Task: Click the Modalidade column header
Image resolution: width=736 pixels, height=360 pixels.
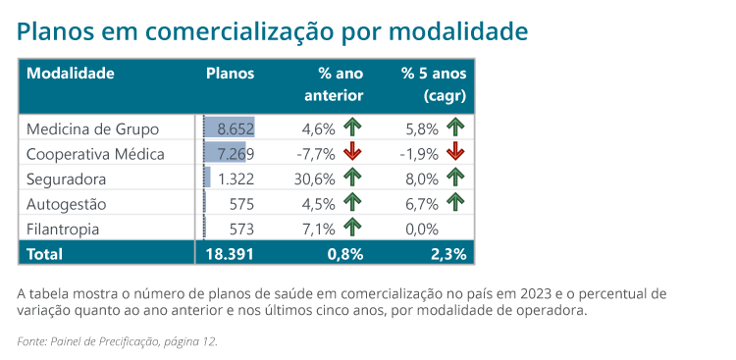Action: (71, 74)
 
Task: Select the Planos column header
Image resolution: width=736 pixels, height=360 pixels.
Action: (230, 74)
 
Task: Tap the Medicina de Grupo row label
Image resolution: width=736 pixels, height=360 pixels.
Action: (92, 129)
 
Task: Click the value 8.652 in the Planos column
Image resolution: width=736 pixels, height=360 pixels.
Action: (236, 129)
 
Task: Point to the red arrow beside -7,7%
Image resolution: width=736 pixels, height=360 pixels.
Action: (352, 153)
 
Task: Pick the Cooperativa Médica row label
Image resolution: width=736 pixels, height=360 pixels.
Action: (95, 154)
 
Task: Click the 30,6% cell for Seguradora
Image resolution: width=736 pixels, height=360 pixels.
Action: (314, 179)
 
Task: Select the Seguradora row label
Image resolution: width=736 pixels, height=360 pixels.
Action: (66, 180)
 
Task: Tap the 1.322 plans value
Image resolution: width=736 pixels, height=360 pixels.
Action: (236, 179)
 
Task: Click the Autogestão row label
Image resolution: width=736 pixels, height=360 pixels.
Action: (66, 204)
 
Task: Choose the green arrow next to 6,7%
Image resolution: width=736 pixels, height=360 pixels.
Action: (455, 203)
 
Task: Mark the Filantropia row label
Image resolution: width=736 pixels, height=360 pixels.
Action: (63, 230)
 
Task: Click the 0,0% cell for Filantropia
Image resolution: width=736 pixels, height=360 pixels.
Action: (422, 230)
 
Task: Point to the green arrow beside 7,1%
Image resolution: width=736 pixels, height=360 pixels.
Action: (352, 229)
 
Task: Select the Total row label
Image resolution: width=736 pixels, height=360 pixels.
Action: (44, 254)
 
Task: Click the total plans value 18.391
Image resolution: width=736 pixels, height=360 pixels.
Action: (230, 254)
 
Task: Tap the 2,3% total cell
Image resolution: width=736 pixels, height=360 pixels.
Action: (449, 254)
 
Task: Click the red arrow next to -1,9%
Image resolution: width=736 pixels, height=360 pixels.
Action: (455, 153)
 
